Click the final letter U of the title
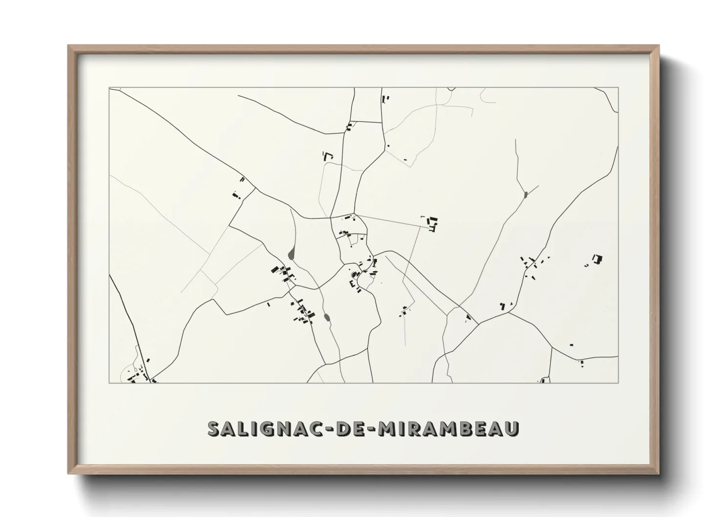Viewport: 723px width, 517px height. click(511, 429)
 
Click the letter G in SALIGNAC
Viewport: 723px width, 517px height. click(273, 429)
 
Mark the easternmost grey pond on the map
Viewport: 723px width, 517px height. click(525, 195)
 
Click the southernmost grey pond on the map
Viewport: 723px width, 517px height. click(327, 318)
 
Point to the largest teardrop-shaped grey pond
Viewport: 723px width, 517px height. click(292, 254)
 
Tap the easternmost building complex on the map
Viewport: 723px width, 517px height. click(596, 259)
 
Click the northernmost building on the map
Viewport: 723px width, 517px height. click(384, 99)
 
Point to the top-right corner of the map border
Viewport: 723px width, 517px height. click(618, 87)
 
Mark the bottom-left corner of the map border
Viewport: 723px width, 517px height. click(109, 383)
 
